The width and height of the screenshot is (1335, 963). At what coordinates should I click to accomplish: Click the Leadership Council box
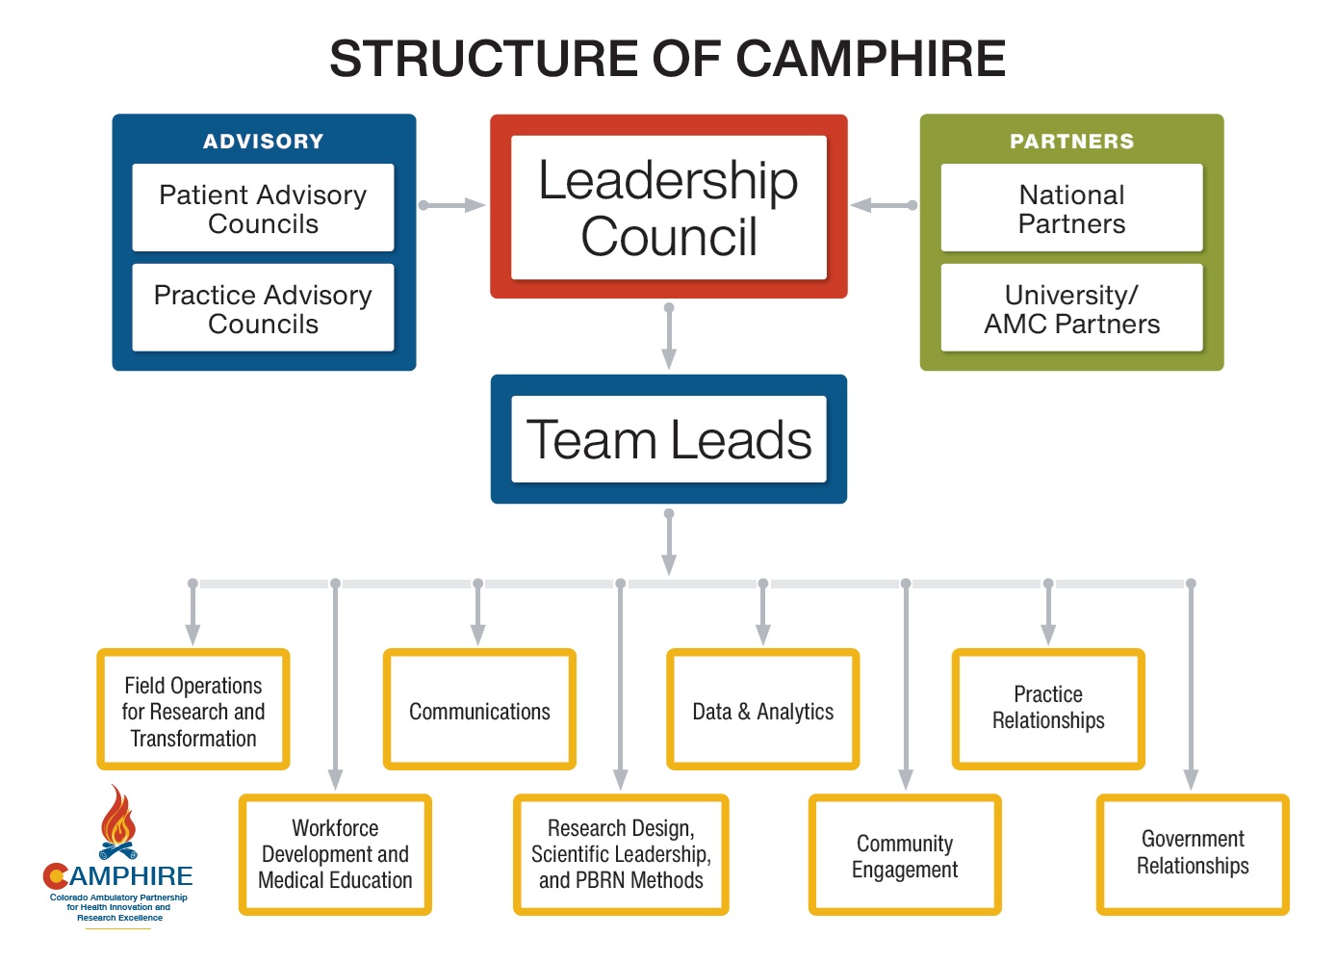[668, 207]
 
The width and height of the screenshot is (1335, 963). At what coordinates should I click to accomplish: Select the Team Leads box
[668, 439]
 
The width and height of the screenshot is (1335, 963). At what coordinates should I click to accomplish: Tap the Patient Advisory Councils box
[263, 208]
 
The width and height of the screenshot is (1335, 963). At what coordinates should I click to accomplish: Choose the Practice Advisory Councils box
[263, 308]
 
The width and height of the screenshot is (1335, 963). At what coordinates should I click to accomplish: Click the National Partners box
[1071, 208]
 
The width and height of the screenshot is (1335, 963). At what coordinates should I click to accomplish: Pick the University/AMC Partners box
[1071, 308]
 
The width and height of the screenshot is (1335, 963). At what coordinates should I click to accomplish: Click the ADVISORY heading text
[263, 142]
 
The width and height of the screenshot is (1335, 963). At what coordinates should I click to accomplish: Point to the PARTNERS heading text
[1071, 142]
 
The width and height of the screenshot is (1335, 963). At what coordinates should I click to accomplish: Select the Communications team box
[479, 711]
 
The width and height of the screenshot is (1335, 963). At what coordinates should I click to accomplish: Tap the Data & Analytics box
[762, 711]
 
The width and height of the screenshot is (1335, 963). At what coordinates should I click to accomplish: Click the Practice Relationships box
[1048, 708]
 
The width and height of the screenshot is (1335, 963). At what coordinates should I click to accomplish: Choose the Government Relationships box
[1193, 853]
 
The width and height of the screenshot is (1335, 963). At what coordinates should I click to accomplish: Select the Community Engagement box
[905, 856]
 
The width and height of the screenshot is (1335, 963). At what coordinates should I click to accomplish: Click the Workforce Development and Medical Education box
[335, 854]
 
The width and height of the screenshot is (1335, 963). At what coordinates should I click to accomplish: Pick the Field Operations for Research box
[193, 711]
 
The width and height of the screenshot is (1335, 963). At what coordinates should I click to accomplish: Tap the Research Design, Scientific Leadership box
[621, 854]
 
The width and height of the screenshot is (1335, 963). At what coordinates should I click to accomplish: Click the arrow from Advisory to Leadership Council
[452, 205]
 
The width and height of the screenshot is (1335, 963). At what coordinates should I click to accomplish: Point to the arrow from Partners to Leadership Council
[884, 205]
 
